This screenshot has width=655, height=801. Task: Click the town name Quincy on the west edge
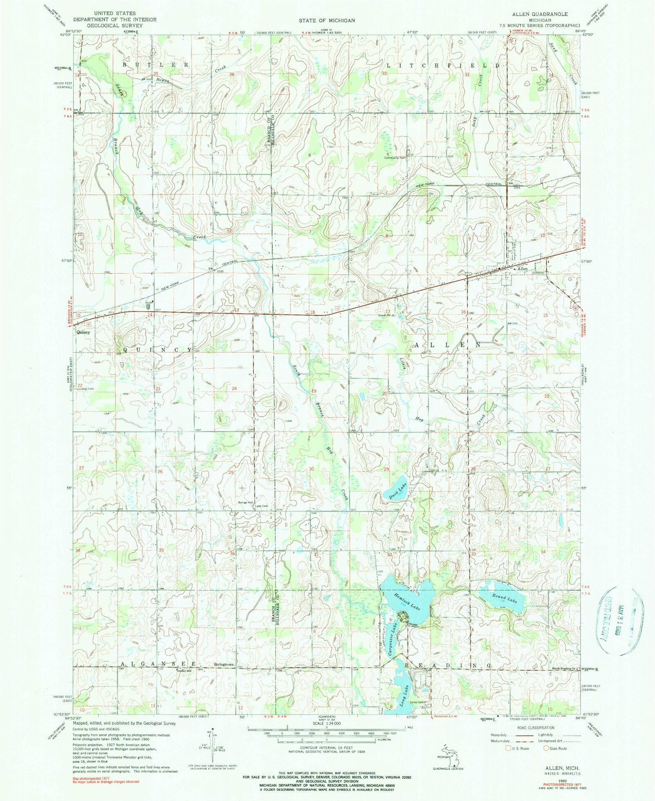click(83, 332)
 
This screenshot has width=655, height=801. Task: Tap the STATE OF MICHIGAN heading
click(327, 20)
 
